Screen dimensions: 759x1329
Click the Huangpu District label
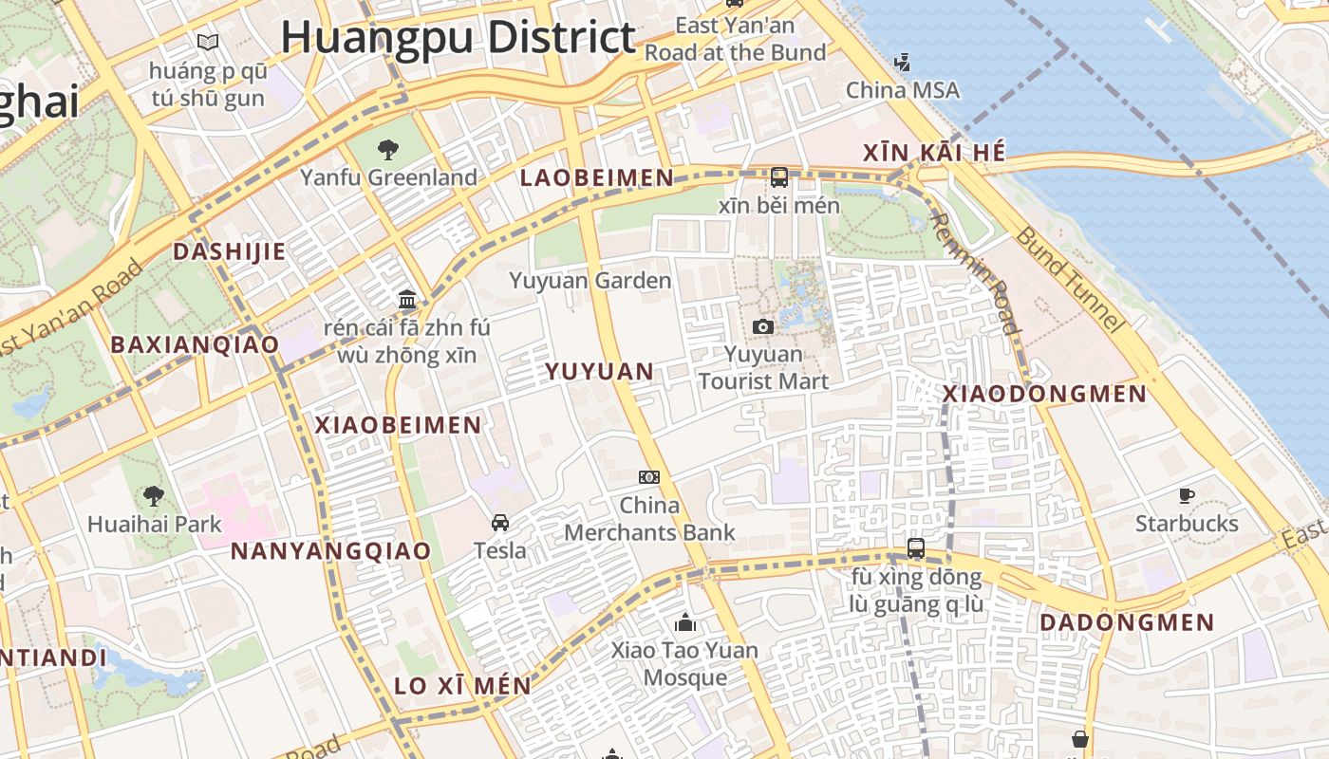[x=458, y=38]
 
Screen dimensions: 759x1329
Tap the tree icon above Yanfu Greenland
[x=387, y=149]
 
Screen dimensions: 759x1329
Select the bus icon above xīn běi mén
[x=779, y=176]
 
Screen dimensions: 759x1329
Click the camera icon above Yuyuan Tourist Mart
[x=762, y=326]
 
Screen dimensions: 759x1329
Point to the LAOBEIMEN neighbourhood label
[x=597, y=177]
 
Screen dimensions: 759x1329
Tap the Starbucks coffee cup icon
[x=1187, y=495]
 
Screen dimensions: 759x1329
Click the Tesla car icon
[x=500, y=522]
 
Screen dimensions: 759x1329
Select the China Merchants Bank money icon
[x=649, y=477]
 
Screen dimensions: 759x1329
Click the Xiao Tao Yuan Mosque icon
[x=684, y=622]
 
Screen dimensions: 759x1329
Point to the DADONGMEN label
[x=1127, y=622]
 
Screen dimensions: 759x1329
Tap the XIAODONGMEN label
[x=1044, y=394]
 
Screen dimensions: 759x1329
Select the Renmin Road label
[x=973, y=272]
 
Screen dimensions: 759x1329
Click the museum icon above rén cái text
[x=407, y=300]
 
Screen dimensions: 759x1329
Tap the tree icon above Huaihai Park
[x=153, y=495]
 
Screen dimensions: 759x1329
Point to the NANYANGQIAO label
[x=331, y=551]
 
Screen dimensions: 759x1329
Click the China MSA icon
[x=902, y=63]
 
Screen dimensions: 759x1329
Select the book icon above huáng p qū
[x=208, y=42]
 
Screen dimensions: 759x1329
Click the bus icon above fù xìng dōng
[x=915, y=547]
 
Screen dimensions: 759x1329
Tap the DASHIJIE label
[x=229, y=251]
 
